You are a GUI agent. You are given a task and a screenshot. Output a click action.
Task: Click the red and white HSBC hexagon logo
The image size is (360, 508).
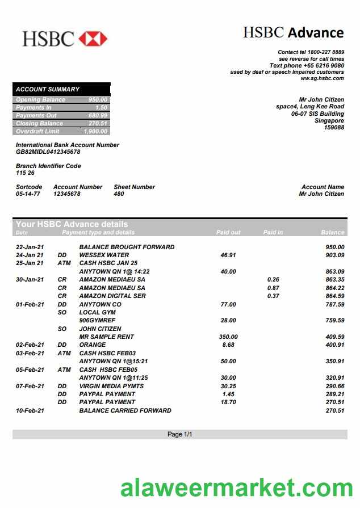pyautogui.click(x=93, y=39)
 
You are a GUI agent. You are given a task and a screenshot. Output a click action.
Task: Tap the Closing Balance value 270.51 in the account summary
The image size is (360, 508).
pyautogui.click(x=98, y=123)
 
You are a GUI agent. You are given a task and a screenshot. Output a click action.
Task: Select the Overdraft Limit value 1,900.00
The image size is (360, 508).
pyautogui.click(x=95, y=131)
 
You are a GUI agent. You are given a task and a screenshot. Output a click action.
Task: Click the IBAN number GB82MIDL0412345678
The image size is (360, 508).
pyautogui.click(x=48, y=152)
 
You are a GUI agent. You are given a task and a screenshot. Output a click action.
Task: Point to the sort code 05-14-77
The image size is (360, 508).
pyautogui.click(x=28, y=194)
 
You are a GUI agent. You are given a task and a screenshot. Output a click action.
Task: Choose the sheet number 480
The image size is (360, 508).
pyautogui.click(x=119, y=194)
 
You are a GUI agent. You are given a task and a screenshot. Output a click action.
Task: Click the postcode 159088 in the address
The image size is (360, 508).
pyautogui.click(x=333, y=128)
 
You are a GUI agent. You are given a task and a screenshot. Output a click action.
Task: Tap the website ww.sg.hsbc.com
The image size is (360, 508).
pyautogui.click(x=322, y=79)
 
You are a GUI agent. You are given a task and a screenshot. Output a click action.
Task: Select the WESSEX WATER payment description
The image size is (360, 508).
pyautogui.click(x=104, y=255)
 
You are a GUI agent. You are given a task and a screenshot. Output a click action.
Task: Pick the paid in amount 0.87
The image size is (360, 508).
pyautogui.click(x=273, y=288)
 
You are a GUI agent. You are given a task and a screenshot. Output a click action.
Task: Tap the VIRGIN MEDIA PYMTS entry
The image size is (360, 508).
pyautogui.click(x=111, y=386)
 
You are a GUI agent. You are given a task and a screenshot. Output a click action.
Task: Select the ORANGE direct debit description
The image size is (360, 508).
pyautogui.click(x=92, y=345)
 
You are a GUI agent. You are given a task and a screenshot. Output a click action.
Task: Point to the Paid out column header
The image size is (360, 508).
pyautogui.click(x=228, y=232)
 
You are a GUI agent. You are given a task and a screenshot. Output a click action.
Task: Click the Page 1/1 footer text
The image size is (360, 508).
pyautogui.click(x=180, y=434)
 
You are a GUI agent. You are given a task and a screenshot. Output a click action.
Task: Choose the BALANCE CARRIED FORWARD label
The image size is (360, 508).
pyautogui.click(x=125, y=410)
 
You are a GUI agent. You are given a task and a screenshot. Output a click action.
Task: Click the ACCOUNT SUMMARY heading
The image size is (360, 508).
pyautogui.click(x=48, y=89)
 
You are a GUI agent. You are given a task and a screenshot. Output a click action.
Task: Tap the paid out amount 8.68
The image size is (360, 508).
pyautogui.click(x=228, y=345)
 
